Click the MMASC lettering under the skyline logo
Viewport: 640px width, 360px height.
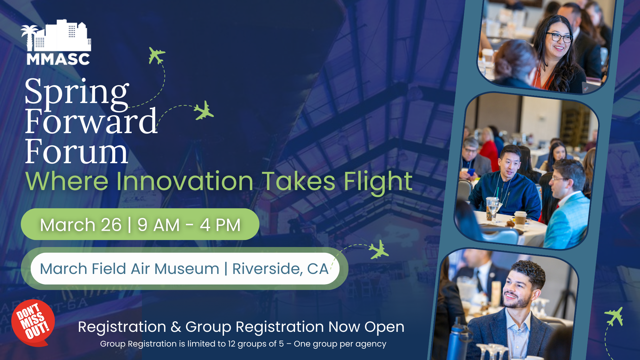[58, 59]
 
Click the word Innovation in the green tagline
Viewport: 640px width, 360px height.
[185, 181]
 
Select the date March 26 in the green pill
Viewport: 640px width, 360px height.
[81, 225]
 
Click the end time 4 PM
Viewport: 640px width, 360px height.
[220, 225]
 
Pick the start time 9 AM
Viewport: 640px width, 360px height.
[158, 225]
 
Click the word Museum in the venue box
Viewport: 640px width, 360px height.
[187, 269]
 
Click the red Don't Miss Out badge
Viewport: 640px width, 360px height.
[33, 323]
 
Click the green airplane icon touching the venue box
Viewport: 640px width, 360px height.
[379, 250]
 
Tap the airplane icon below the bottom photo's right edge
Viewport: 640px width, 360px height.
[614, 316]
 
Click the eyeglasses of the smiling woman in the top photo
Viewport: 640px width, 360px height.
[560, 37]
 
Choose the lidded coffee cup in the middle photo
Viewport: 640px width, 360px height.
[520, 219]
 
